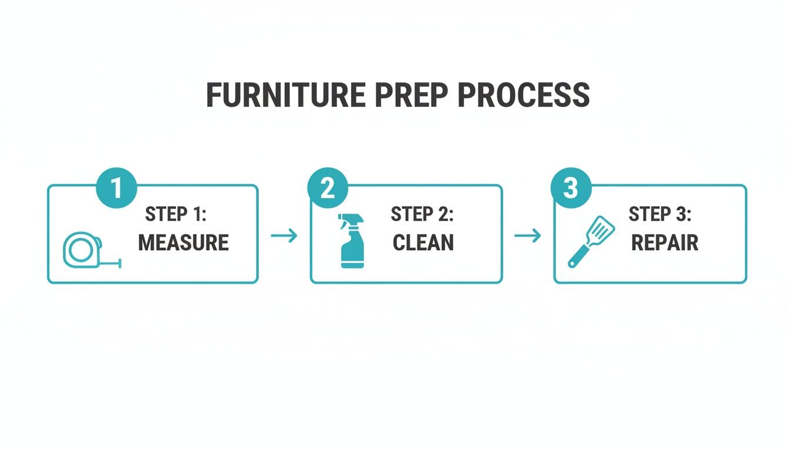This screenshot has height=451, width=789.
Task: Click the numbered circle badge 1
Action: pos(116,189)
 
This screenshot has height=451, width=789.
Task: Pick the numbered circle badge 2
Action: pos(328,189)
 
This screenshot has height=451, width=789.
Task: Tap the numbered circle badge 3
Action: pos(571,189)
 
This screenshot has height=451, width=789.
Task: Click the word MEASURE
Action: pos(183,243)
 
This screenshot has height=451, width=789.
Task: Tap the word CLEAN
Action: pos(423,243)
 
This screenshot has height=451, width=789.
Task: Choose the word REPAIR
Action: pos(665,243)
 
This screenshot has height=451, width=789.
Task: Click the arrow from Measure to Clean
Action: pos(284,236)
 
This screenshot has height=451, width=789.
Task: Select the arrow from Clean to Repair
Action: pos(528,236)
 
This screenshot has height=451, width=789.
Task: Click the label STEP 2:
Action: pos(422,215)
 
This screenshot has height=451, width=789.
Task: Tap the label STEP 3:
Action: pos(660,215)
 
